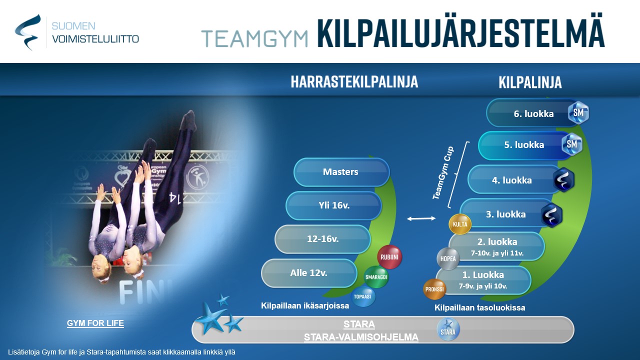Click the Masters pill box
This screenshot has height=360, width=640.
click(341, 172)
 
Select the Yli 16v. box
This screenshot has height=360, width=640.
click(333, 205)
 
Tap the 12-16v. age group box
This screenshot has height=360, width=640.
click(323, 239)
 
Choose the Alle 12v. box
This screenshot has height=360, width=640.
click(309, 273)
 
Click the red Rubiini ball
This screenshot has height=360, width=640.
click(389, 257)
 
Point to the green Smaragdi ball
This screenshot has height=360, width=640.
click(376, 277)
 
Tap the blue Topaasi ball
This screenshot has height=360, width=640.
click(362, 296)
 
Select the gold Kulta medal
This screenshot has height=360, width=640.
click(460, 224)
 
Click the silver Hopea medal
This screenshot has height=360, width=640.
click(448, 259)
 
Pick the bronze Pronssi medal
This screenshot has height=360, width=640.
click(434, 289)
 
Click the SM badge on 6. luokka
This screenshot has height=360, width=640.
click(578, 112)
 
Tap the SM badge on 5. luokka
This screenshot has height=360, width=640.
click(571, 144)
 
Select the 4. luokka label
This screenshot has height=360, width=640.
click(511, 180)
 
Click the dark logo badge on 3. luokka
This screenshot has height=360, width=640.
click(551, 215)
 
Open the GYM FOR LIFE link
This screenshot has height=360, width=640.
click(95, 323)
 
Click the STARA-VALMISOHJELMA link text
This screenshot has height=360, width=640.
click(361, 337)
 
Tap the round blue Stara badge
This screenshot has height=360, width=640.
click(448, 329)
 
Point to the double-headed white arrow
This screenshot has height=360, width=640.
click(421, 218)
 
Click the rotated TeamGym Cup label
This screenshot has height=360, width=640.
click(443, 173)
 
